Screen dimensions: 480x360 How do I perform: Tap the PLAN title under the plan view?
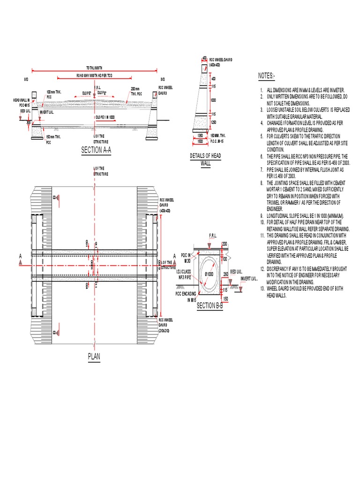tap(94, 357)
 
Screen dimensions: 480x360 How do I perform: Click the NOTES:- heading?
tap(267, 76)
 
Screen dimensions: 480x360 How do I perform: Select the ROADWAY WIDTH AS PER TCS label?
tap(94, 75)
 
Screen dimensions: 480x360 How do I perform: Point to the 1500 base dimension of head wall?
tap(200, 141)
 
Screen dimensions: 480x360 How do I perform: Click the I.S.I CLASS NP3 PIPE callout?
tap(184, 274)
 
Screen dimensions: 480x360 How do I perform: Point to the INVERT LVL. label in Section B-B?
tap(249, 278)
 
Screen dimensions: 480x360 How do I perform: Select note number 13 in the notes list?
tap(262, 288)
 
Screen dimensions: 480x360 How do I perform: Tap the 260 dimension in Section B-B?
tap(226, 274)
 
